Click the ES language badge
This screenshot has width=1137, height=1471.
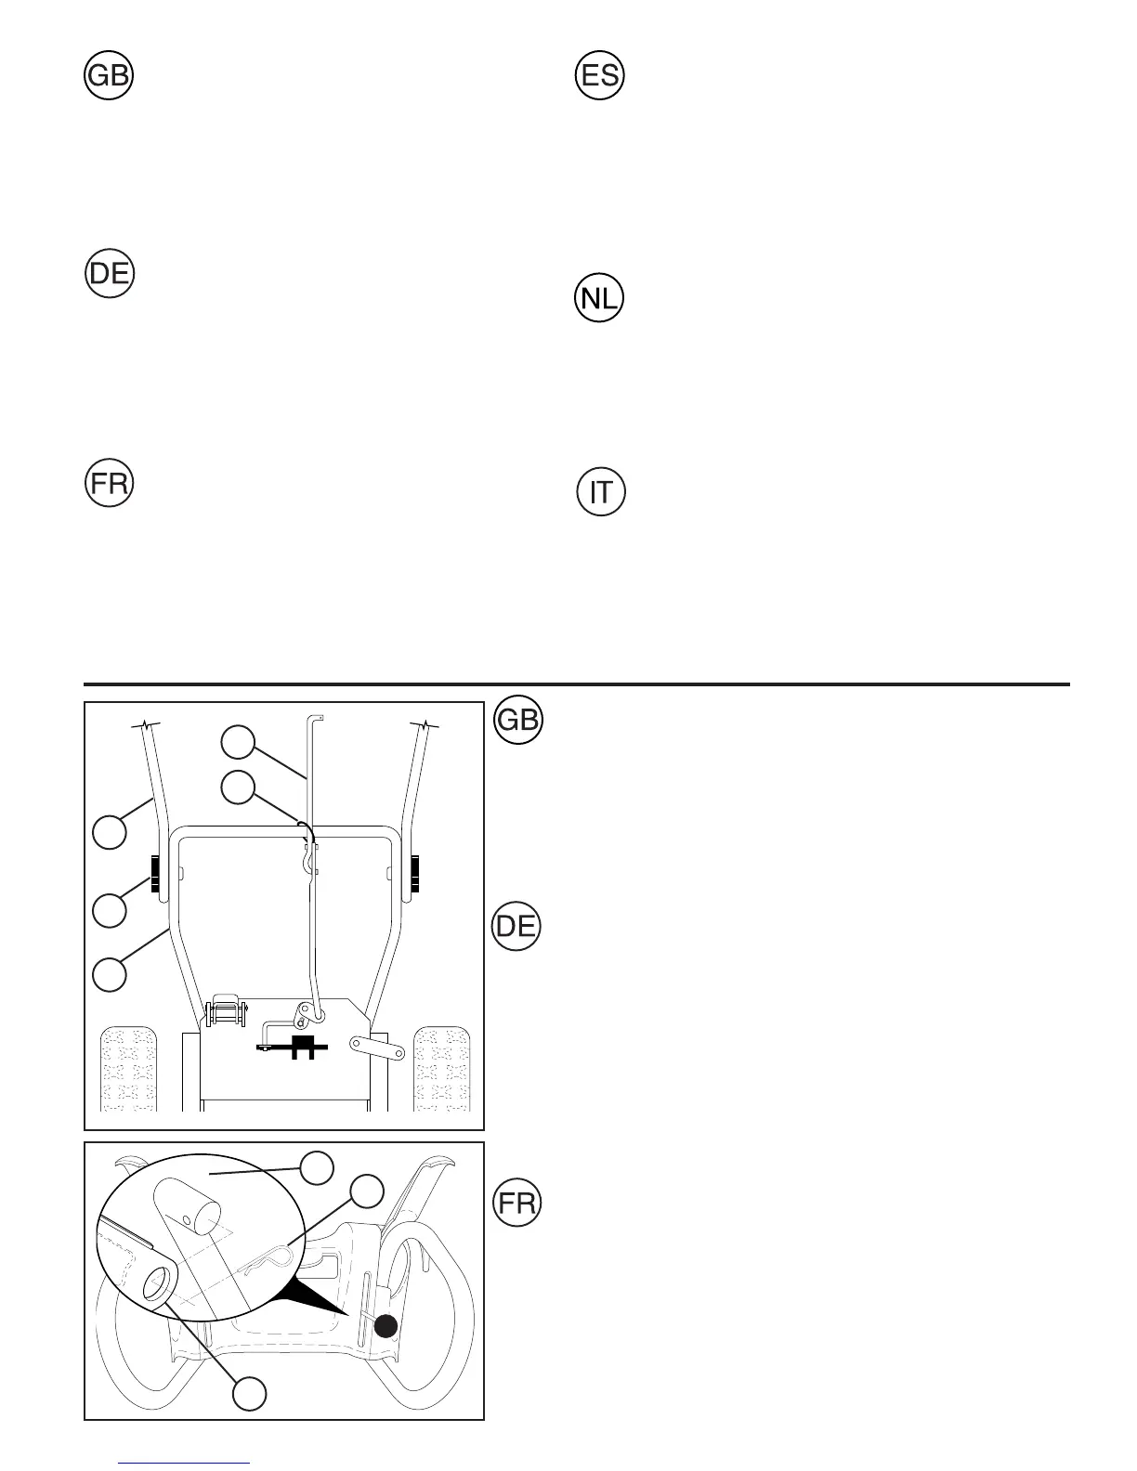[x=600, y=76]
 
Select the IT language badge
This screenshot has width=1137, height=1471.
[x=601, y=492]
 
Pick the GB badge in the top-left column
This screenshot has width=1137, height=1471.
[x=109, y=76]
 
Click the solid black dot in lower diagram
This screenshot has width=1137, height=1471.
[x=386, y=1327]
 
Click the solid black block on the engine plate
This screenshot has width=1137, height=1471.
[x=299, y=1048]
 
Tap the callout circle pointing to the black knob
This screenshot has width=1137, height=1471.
[x=110, y=909]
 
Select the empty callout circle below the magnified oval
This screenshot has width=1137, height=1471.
[x=249, y=1394]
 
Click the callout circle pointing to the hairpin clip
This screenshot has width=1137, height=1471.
[x=367, y=1191]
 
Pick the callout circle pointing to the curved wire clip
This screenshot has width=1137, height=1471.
[x=237, y=787]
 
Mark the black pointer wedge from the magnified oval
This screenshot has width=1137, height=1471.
[x=316, y=1291]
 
